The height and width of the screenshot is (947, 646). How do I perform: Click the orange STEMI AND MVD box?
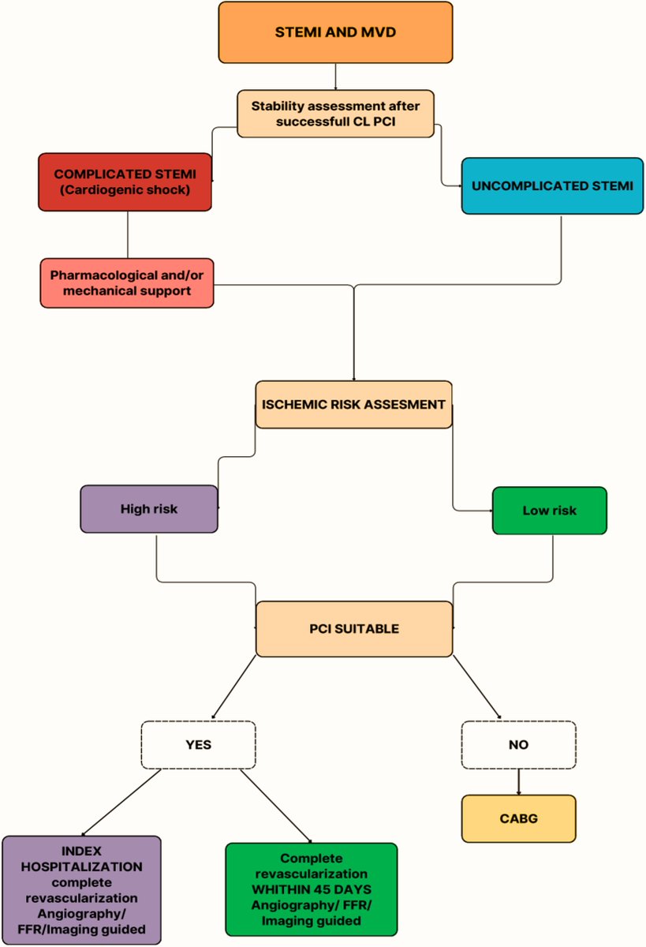(x=335, y=32)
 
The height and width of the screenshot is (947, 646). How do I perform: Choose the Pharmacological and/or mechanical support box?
(x=126, y=283)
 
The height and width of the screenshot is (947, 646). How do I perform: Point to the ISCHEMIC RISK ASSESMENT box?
(x=353, y=404)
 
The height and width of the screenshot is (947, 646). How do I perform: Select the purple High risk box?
(x=148, y=509)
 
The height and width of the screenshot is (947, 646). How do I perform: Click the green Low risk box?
(x=549, y=511)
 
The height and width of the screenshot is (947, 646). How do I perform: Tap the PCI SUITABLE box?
(x=353, y=629)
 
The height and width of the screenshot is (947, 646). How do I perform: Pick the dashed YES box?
(x=198, y=744)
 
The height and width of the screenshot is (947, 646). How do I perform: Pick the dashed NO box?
(x=518, y=744)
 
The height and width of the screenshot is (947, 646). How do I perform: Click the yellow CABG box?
(x=518, y=818)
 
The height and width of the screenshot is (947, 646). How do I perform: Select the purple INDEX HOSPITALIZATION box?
(x=81, y=890)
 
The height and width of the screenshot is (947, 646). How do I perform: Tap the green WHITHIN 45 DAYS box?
(x=311, y=890)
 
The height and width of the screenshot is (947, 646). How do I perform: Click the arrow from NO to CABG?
(x=518, y=781)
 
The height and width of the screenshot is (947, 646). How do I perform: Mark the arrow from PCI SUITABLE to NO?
(x=476, y=687)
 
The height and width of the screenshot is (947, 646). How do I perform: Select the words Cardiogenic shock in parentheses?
(x=125, y=190)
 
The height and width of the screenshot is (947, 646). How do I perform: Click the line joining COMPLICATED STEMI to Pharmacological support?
(x=128, y=234)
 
